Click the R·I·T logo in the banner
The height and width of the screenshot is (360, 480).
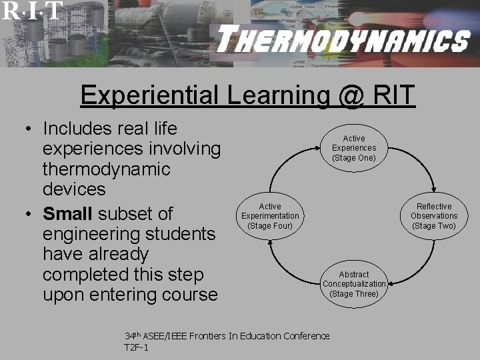pos(32,10)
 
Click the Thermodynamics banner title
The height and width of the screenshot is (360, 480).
pos(343,41)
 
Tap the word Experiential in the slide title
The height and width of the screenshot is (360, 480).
pos(147,95)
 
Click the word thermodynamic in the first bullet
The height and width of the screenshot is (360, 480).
pos(106,168)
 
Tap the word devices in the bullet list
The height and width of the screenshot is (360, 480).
pos(74,189)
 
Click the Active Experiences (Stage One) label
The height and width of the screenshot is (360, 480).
pos(354,148)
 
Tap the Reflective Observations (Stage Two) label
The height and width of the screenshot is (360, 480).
pos(434,216)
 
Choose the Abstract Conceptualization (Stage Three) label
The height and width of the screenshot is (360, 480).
pos(354,284)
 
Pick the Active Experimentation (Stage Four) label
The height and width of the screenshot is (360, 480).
pos(270,216)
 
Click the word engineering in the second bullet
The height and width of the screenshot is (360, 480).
pos(92,234)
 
